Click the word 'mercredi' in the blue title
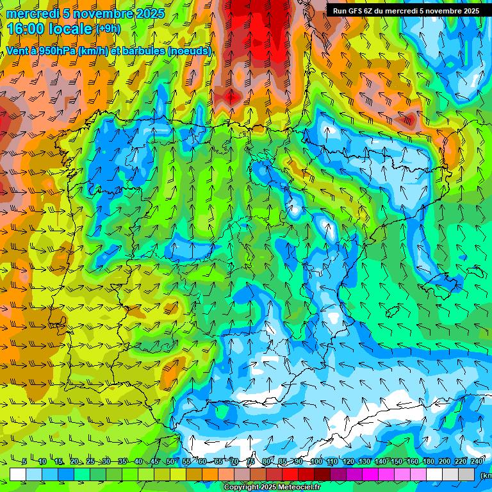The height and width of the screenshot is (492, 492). coord(31,13)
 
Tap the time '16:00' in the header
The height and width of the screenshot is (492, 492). coord(26,29)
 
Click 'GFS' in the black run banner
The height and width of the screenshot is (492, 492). coord(355,10)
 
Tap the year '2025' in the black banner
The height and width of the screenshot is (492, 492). coord(468,10)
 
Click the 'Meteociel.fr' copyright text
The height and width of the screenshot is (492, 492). coord(295,488)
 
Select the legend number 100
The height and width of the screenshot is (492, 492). coord(316,462)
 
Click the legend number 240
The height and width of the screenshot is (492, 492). coord(477,462)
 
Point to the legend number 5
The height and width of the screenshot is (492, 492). coord(24,462)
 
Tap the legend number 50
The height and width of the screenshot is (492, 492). coord(170,462)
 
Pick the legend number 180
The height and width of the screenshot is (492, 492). coord(429,462)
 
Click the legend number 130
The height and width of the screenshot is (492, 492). coord(364,462)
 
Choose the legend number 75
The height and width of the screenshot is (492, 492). coord(251,462)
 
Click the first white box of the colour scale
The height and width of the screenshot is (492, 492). coord(18,474)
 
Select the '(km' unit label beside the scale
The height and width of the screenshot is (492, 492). coord(486,475)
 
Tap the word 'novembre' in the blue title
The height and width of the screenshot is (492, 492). coord(103,13)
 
